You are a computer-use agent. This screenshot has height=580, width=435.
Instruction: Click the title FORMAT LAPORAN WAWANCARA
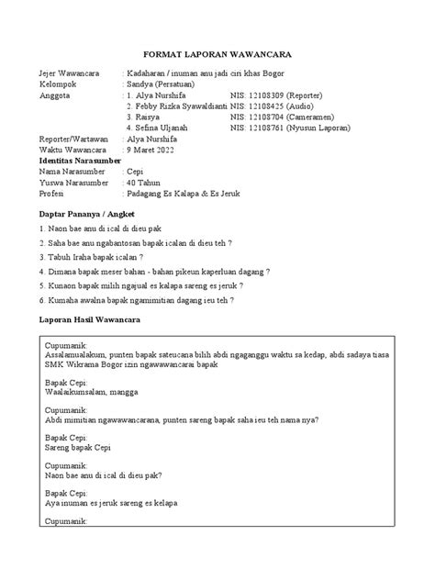click(217, 51)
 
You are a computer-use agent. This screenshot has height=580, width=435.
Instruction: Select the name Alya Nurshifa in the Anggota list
click(166, 94)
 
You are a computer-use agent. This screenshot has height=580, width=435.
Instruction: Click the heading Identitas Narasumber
click(79, 160)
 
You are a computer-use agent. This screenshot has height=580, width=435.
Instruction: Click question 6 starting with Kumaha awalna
click(136, 299)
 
